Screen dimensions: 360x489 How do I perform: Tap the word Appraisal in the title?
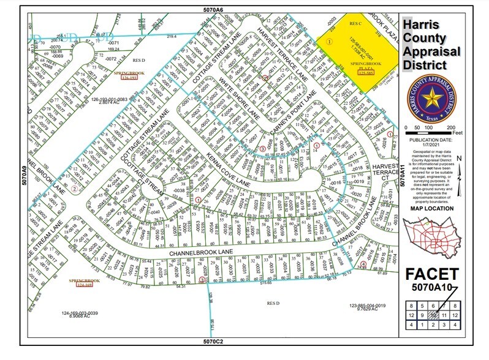pyautogui.click(x=433, y=52)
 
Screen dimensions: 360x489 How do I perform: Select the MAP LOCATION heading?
pyautogui.click(x=433, y=208)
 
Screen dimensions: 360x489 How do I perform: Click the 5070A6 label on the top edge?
pyautogui.click(x=214, y=10)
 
